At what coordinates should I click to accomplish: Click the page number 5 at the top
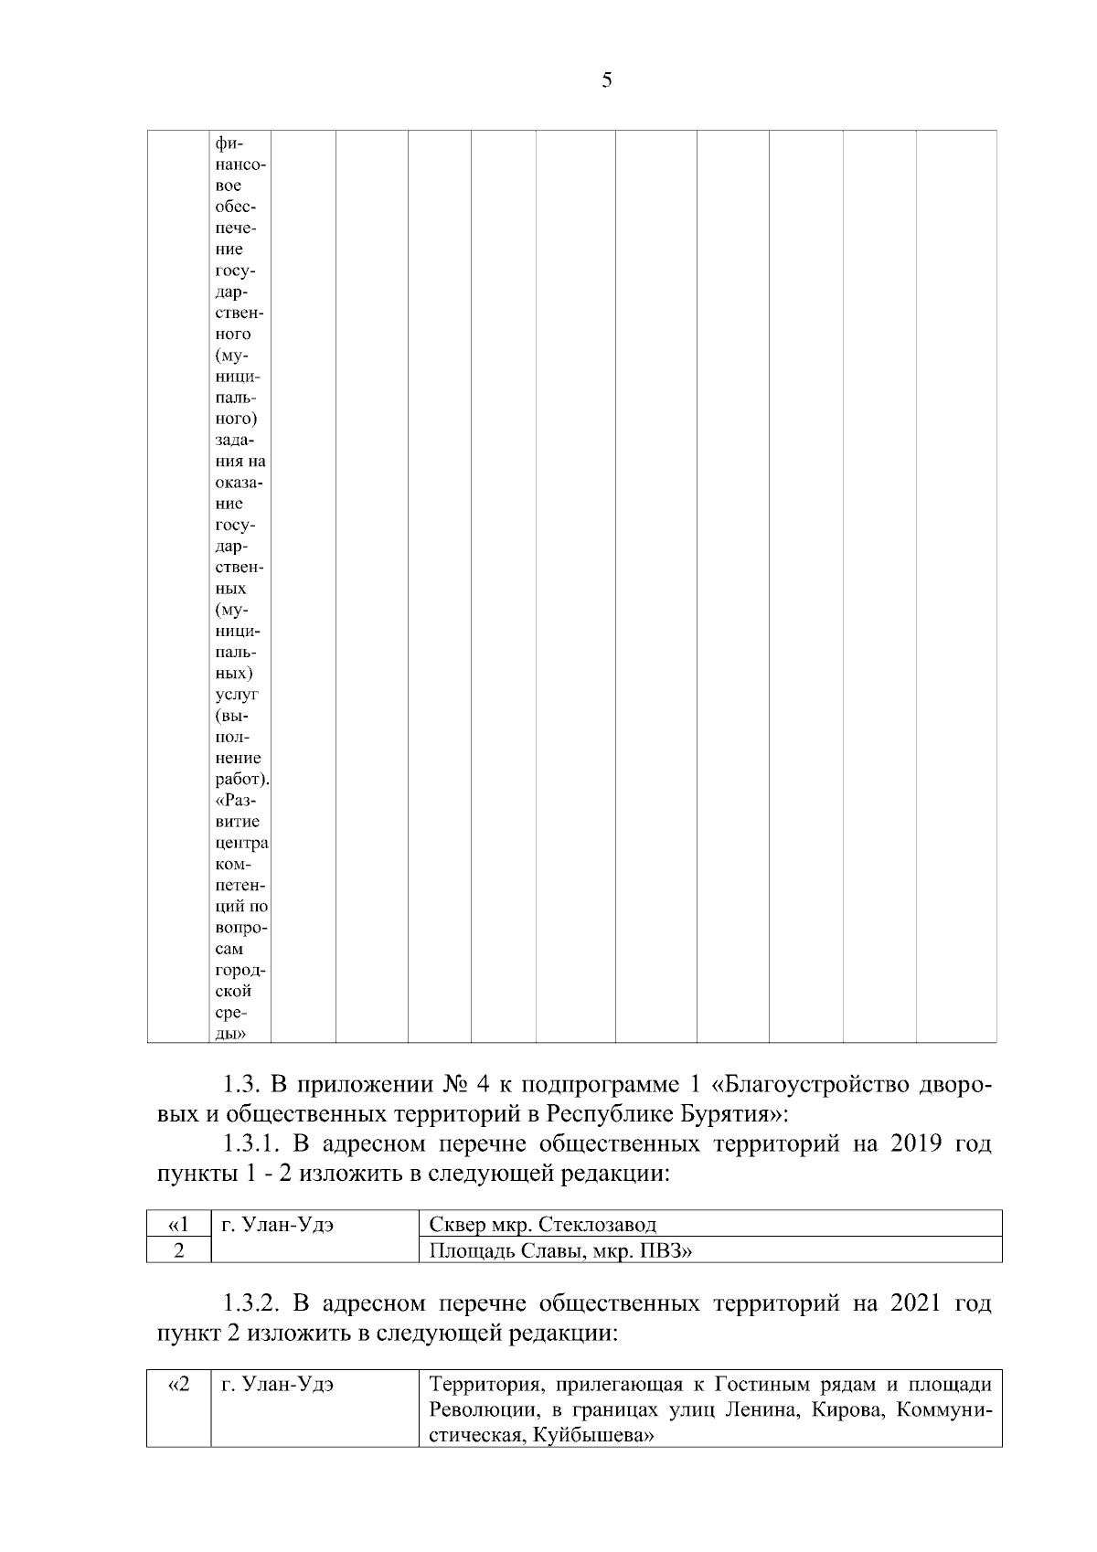[x=607, y=81]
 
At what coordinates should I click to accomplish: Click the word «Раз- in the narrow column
[x=236, y=801]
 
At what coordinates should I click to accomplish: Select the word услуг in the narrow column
[x=236, y=695]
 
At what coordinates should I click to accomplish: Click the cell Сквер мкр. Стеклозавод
[x=543, y=1225]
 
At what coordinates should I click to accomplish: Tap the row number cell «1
[x=178, y=1225]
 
